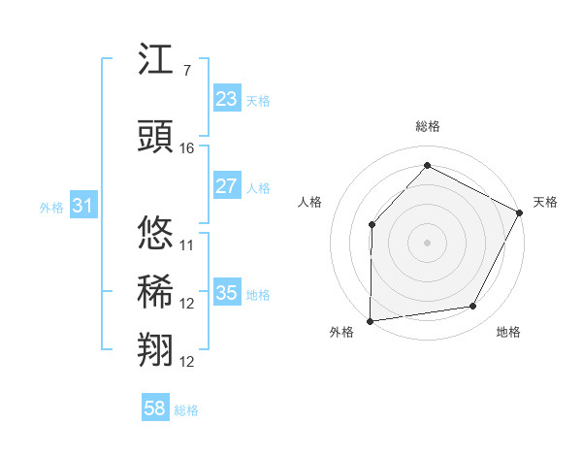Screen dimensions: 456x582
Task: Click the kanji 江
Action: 157,62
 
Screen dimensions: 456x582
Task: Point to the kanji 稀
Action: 157,291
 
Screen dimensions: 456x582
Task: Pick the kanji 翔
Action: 157,349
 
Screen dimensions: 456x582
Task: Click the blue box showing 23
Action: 227,98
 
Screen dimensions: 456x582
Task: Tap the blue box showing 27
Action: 227,186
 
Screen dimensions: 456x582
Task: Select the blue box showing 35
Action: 227,293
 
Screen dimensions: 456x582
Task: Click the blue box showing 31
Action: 82,206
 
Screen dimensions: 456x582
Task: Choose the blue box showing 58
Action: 155,408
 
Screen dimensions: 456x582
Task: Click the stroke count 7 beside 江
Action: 186,70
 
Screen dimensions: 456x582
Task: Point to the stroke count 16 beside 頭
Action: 187,147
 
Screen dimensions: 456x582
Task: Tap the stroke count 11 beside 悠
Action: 187,244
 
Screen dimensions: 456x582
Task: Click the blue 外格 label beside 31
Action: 51,207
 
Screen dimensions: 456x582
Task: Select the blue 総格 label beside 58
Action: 186,410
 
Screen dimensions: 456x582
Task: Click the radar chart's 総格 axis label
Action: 428,126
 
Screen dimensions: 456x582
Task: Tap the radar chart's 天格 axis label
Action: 545,202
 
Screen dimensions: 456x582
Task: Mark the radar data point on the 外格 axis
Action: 370,320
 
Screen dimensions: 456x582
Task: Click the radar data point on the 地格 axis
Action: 473,307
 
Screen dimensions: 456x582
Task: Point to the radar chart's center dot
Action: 427,242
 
